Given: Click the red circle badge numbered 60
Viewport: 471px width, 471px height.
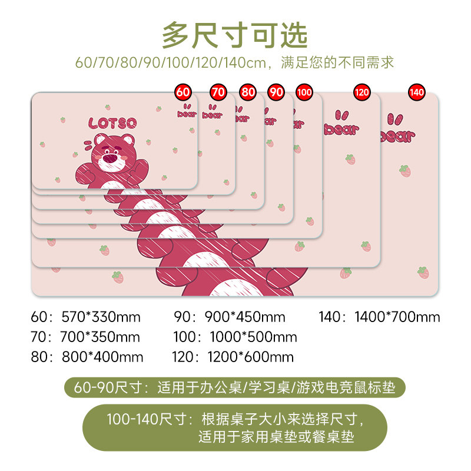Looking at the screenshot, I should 183,92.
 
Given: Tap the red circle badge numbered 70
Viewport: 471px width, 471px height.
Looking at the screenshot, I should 218,92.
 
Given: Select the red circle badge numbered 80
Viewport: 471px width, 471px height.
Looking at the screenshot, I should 248,92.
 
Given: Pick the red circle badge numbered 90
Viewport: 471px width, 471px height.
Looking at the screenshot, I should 276,92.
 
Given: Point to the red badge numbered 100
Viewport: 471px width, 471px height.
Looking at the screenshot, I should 304,92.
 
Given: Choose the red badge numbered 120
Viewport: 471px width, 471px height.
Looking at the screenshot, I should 361,92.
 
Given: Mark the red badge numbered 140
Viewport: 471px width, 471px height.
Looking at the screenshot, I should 416,92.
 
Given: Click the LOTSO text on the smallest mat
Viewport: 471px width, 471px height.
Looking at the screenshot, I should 112,123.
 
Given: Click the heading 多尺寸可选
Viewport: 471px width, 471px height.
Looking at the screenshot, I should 235,35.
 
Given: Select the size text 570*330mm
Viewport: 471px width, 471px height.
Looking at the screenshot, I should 101,317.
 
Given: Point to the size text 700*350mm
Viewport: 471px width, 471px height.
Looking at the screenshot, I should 100,337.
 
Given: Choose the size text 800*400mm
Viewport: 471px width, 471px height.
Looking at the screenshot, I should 102,357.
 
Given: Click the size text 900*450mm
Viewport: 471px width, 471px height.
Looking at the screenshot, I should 244,317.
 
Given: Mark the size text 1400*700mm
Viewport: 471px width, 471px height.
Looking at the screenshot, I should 397,317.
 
